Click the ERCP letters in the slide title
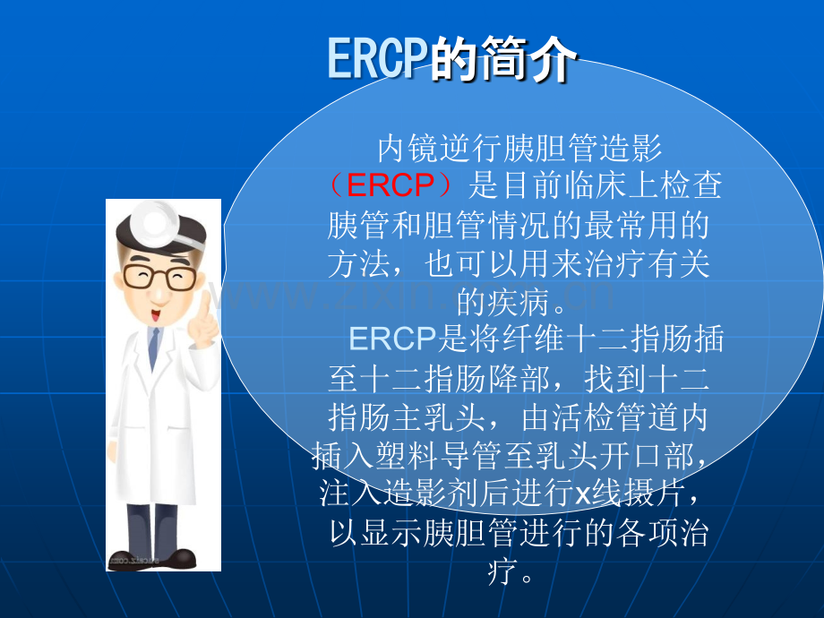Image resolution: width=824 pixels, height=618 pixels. point(376,58)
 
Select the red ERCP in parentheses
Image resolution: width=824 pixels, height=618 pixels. point(391,185)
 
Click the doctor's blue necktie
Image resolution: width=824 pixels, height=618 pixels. point(153,348)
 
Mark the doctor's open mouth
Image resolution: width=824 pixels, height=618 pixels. point(156,315)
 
